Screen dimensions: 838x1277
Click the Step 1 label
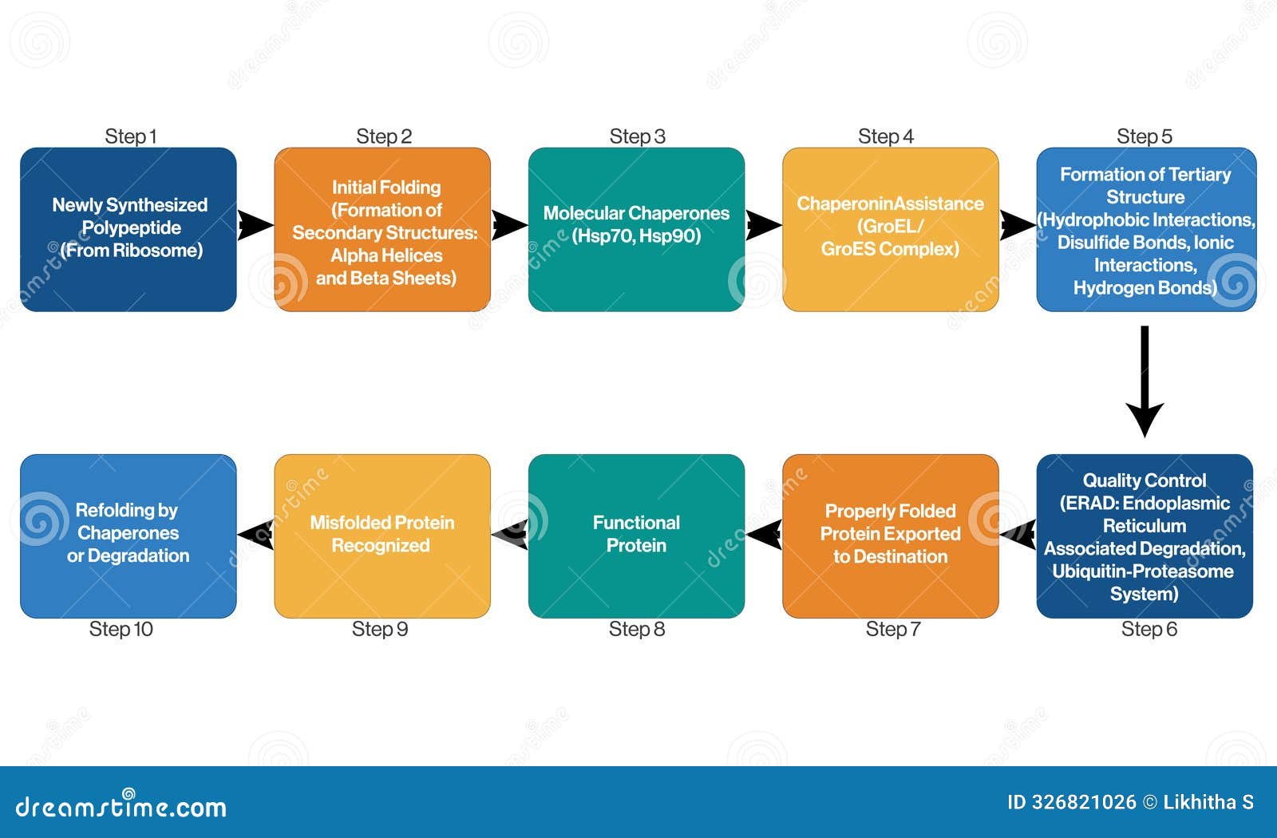coord(130,136)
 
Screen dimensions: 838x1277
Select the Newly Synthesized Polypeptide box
coord(128,228)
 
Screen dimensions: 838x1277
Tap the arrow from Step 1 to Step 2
coord(255,225)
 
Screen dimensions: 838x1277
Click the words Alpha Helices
coord(386,255)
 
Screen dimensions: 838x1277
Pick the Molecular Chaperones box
coord(636,228)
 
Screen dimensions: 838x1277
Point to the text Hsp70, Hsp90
coord(636,236)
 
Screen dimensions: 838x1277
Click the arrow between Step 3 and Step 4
coord(763,225)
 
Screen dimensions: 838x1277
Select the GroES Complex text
coord(890,249)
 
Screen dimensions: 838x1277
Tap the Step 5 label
coord(1144,136)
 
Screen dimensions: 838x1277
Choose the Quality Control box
coord(1144,536)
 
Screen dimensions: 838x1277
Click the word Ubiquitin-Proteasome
coord(1142,571)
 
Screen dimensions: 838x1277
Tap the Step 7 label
coord(892,630)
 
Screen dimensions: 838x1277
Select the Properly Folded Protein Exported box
coord(890,536)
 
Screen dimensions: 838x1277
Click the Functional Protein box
coord(636,536)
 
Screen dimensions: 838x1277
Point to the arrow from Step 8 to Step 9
coord(510,532)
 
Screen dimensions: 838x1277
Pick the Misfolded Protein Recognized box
coord(382,536)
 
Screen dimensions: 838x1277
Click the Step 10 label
coord(121,630)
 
